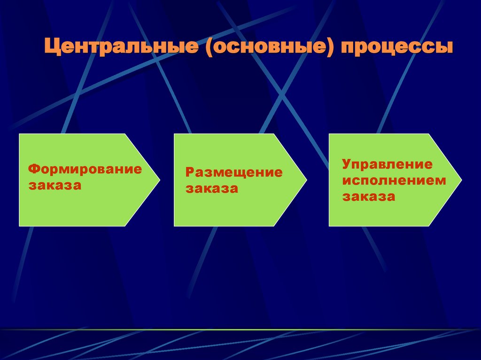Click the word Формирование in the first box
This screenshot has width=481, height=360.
coord(85,169)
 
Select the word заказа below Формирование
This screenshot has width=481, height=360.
coord(55,185)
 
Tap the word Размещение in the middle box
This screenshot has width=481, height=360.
coord(234,173)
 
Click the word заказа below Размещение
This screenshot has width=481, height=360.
coord(211,189)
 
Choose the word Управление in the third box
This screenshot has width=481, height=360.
coord(387,165)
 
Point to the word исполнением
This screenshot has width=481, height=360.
coord(394,181)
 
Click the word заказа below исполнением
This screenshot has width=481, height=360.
coord(368,197)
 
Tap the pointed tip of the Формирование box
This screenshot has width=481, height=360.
coord(159,180)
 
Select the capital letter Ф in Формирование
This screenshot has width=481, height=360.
coord(33,169)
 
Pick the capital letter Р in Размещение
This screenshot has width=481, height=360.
coord(189,173)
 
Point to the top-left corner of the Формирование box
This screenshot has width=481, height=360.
coord(19,134)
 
